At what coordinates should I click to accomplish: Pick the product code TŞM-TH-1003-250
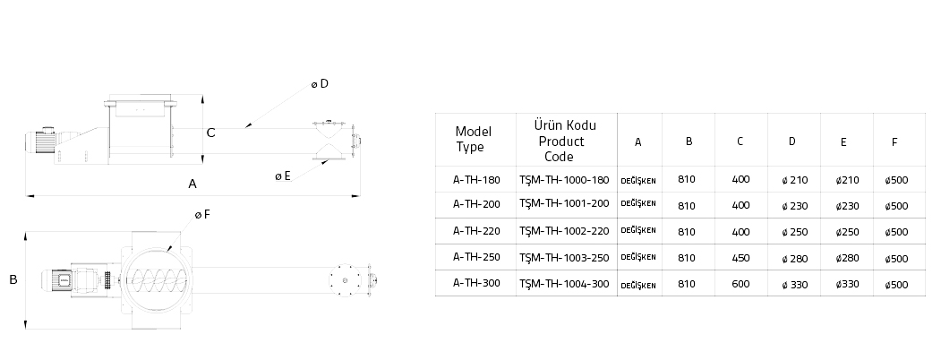564,257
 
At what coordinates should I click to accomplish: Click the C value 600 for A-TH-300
740,284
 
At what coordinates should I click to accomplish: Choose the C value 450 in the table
740,258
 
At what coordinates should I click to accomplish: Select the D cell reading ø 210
794,180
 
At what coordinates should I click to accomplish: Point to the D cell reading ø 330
794,285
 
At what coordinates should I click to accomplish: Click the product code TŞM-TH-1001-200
564,205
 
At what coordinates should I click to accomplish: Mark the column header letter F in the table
895,141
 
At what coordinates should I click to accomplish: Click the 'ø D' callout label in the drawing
320,84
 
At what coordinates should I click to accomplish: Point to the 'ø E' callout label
282,176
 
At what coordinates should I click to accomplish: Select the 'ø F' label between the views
202,215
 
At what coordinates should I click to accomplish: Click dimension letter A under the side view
192,184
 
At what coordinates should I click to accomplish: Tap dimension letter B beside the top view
13,279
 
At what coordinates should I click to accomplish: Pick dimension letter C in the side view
210,133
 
